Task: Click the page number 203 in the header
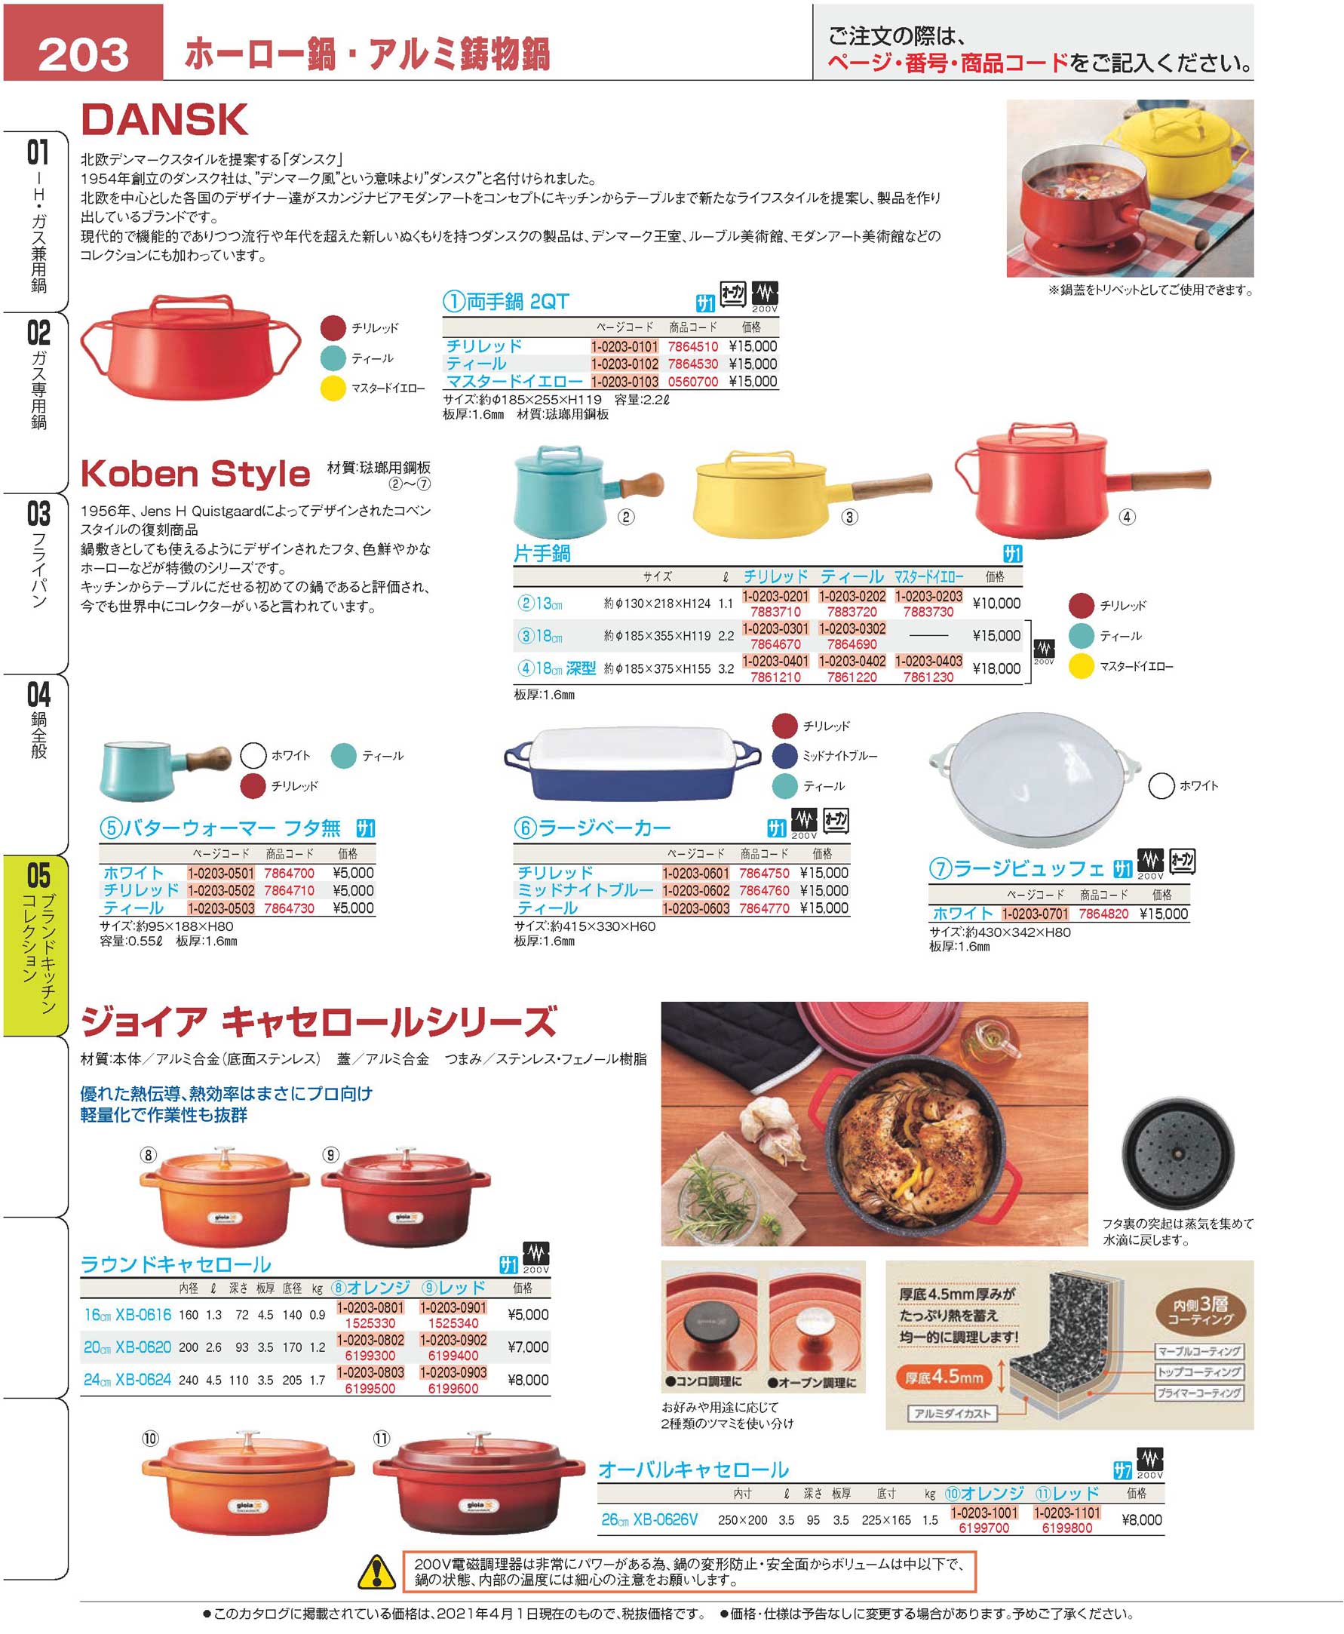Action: pos(84,54)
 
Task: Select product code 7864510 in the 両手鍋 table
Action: pos(693,346)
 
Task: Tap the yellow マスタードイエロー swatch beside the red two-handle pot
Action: pos(333,388)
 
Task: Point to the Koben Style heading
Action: pos(195,473)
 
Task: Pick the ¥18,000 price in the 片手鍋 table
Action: pos(996,668)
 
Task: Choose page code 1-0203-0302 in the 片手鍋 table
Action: pos(852,629)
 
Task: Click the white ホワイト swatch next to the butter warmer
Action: pos(253,755)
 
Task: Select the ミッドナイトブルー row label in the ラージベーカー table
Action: pos(585,891)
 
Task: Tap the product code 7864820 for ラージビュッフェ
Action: pos(1103,914)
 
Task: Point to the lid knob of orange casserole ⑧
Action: pos(225,1155)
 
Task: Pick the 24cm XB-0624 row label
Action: pos(127,1379)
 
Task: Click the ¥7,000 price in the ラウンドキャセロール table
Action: pos(528,1347)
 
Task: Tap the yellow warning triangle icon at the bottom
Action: pos(376,1571)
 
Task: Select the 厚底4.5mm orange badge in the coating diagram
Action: pos(944,1377)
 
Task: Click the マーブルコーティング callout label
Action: pos(1199,1351)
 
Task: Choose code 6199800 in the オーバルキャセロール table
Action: pos(1067,1528)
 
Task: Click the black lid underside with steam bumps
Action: pos(1177,1153)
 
